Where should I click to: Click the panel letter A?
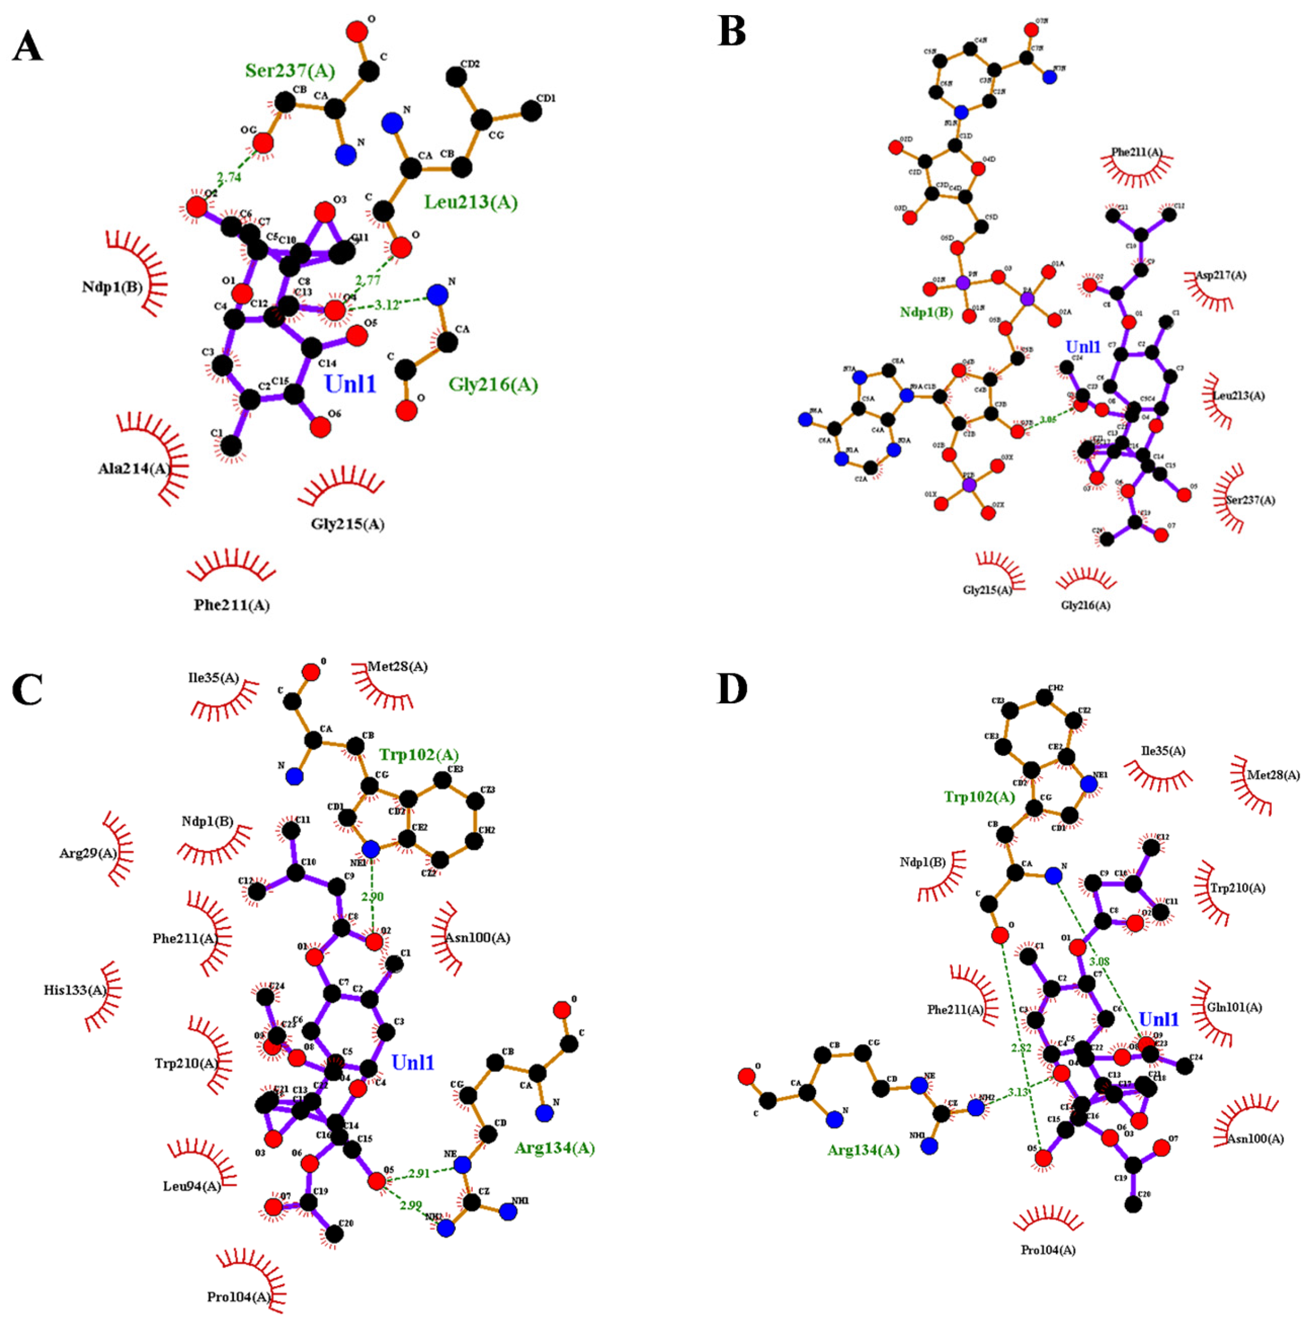coord(28,47)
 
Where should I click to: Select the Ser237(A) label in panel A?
coord(290,70)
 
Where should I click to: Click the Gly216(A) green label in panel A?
coord(493,385)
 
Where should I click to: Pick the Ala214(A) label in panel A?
coord(134,469)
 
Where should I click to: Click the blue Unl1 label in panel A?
coord(350,384)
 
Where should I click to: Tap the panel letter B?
coord(732,32)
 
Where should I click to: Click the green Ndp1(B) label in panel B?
coord(926,312)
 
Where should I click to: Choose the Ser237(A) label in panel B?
coord(1250,500)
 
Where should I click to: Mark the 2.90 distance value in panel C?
coord(372,897)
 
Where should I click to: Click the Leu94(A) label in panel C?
coord(192,1186)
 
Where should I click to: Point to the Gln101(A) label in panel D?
coord(1234,1008)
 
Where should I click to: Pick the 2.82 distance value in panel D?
coord(1021,1048)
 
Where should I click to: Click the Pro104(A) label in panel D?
coord(1048,1250)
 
